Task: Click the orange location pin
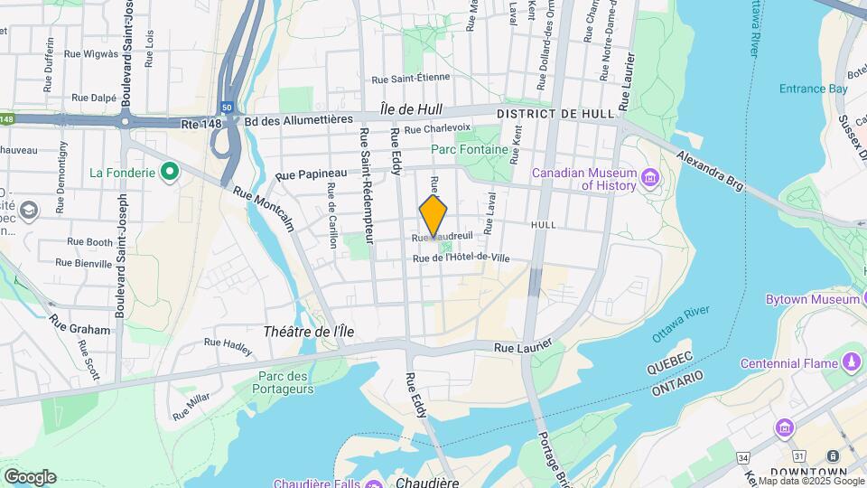(433, 215)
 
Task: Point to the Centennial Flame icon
(851, 363)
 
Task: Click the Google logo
(30, 477)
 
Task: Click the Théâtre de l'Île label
(309, 332)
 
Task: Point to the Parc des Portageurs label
(285, 382)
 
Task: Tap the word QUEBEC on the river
(670, 370)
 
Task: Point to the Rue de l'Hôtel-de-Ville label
(461, 258)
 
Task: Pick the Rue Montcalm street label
(263, 207)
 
